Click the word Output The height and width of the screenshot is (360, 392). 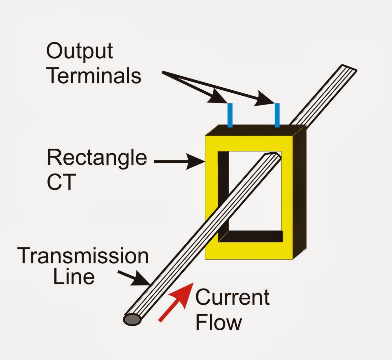(80, 52)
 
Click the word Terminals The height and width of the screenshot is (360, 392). (94, 76)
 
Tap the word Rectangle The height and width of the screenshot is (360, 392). (97, 157)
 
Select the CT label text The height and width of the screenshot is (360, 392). (61, 182)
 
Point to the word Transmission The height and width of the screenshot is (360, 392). (83, 256)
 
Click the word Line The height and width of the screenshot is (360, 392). (74, 277)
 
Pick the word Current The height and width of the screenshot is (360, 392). (232, 297)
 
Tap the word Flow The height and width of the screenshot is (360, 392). (218, 322)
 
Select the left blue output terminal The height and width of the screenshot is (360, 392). (230, 115)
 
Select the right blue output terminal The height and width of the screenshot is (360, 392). (277, 115)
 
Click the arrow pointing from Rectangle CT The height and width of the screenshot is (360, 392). (179, 162)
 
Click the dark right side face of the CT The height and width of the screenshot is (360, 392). (299, 192)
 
